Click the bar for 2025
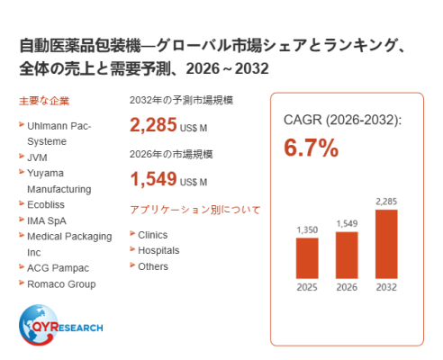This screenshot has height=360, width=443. tap(307, 258)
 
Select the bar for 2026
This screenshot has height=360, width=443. tap(347, 256)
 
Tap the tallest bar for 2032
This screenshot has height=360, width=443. tap(386, 244)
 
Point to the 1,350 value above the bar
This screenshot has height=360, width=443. tap(307, 230)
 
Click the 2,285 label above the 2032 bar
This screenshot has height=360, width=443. tap(386, 202)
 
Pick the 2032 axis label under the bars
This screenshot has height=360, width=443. tap(386, 287)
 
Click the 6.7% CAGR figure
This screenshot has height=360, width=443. tap(312, 148)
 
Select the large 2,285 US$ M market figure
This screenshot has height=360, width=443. tap(168, 125)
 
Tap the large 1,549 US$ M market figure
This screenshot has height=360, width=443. tap(168, 179)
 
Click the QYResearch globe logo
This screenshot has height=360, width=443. tap(60, 325)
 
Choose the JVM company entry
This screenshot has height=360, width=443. tap(37, 157)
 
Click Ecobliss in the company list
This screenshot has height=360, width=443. tap(46, 204)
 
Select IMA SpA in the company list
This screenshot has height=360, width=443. tap(47, 220)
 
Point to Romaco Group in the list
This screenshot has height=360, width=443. tap(61, 284)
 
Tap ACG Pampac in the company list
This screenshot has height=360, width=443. tap(58, 268)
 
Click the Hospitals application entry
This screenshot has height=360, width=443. tap(158, 250)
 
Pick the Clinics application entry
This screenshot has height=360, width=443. tap(152, 235)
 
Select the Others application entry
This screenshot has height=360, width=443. tap(153, 266)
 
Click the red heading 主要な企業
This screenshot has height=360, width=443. tap(44, 101)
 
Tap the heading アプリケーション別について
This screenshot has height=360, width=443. tap(195, 210)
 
